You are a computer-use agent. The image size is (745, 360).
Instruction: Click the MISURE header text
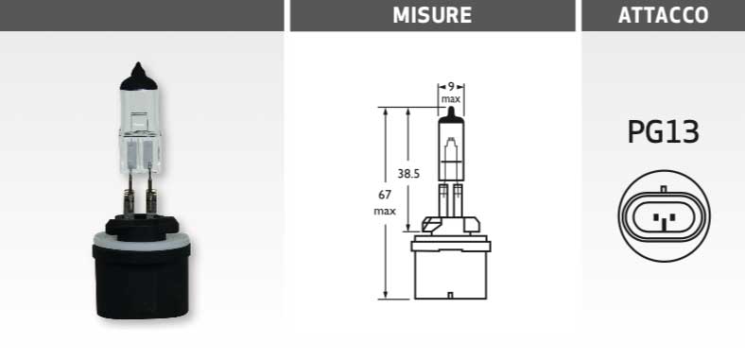click(432, 15)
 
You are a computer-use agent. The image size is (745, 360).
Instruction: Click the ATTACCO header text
click(663, 15)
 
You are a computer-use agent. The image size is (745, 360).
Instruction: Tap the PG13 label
click(663, 132)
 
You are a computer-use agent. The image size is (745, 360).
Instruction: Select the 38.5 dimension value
click(408, 174)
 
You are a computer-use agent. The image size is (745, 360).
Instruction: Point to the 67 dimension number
click(385, 195)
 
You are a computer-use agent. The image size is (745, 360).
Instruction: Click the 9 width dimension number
click(451, 86)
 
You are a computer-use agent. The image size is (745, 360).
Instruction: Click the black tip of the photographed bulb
click(138, 76)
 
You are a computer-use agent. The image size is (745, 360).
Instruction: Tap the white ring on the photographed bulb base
click(141, 240)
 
